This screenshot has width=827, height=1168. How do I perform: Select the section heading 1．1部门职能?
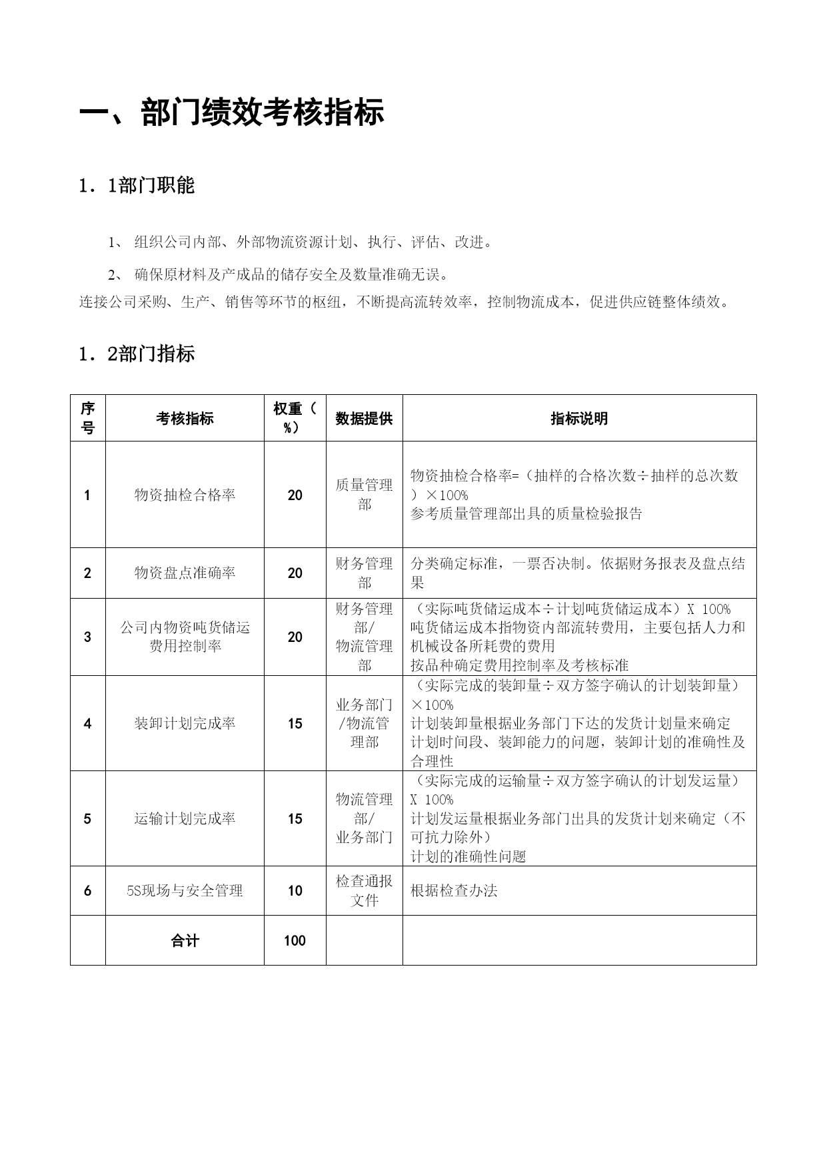(x=137, y=186)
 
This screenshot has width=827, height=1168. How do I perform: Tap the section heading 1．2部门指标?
(x=137, y=354)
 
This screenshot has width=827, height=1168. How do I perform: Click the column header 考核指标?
(x=185, y=418)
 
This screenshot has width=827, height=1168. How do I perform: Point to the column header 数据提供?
(x=364, y=418)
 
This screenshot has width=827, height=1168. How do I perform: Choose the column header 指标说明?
(x=579, y=418)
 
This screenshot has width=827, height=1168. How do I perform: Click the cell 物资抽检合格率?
(x=185, y=495)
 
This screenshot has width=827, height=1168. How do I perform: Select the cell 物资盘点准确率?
(x=185, y=573)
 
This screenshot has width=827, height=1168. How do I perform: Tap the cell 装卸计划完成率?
(x=185, y=723)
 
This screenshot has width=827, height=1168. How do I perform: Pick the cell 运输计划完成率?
(x=185, y=818)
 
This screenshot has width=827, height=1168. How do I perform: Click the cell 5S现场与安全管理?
(x=185, y=890)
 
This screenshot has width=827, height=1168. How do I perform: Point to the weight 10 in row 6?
(x=295, y=890)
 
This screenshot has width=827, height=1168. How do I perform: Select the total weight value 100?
(x=295, y=940)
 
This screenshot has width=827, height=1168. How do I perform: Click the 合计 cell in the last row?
(x=185, y=940)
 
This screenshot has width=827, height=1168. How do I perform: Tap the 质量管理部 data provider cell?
(x=364, y=495)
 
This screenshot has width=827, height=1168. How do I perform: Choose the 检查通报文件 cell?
(x=364, y=890)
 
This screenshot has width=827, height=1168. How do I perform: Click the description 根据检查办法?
(x=454, y=890)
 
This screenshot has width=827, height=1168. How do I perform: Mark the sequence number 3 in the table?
(x=87, y=637)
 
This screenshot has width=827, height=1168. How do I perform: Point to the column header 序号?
(x=87, y=418)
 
